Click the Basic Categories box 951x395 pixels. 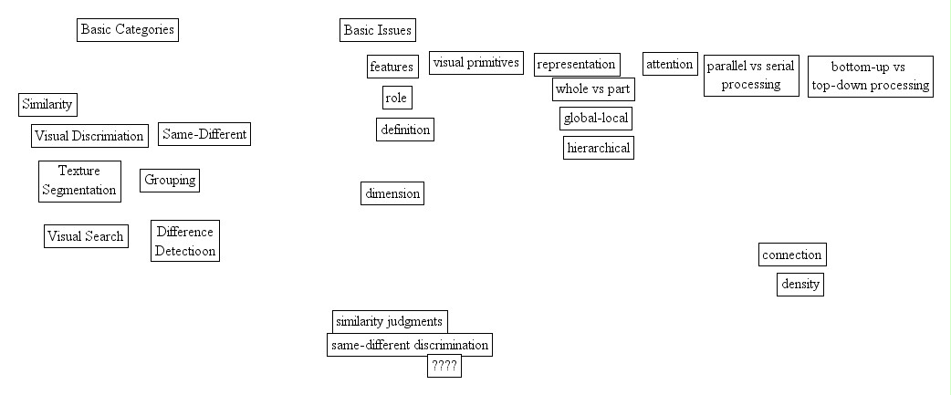click(127, 30)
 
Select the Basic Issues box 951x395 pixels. click(377, 30)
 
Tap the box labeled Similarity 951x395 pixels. click(47, 105)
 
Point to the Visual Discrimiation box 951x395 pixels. click(89, 136)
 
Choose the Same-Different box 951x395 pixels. click(204, 134)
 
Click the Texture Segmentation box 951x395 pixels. click(80, 180)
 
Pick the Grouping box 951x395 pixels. click(170, 180)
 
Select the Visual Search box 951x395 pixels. click(85, 236)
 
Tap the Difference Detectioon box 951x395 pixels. click(185, 241)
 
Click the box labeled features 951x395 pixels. click(392, 67)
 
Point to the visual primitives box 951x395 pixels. click(475, 63)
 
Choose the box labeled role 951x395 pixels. click(396, 98)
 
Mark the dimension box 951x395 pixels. click(392, 193)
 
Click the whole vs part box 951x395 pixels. click(593, 89)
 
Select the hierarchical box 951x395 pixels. click(598, 148)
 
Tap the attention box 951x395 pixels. click(670, 64)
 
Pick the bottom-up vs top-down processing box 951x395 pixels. click(870, 77)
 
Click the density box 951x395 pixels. click(800, 285)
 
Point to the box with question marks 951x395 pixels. click(444, 367)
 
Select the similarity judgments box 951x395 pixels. click(390, 321)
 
